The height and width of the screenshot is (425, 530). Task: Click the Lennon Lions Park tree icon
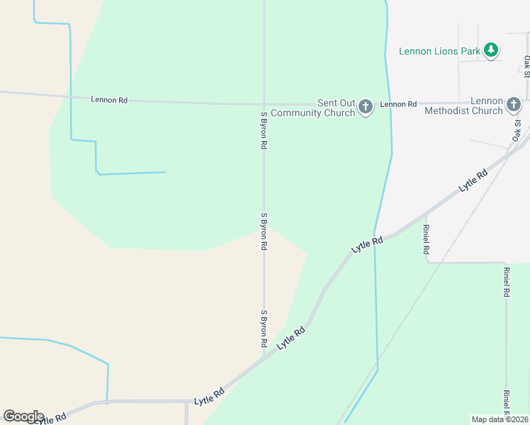491,50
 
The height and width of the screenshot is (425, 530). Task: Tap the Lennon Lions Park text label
439,51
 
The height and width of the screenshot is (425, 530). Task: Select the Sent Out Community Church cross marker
366,107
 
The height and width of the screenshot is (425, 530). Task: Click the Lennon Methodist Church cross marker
514,106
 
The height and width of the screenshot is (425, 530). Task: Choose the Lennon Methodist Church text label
463,106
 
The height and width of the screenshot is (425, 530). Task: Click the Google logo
23,416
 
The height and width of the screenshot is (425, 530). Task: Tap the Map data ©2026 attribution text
500,419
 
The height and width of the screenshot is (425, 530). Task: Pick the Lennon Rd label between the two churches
398,104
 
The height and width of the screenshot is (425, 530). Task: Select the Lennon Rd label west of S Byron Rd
109,100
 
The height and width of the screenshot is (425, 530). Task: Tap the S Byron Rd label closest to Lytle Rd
264,327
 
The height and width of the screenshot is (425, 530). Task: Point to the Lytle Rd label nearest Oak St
473,181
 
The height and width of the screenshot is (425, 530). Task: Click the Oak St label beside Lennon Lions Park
526,66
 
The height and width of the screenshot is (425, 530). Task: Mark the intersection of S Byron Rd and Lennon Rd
264,103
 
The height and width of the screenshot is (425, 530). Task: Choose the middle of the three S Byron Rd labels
264,231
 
